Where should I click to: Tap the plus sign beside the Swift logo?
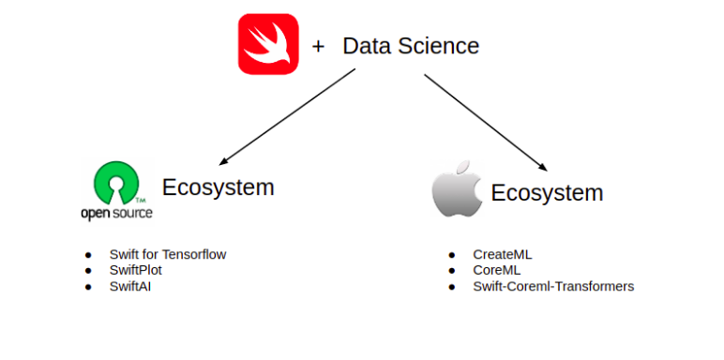click(x=318, y=46)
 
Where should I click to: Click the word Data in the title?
click(x=364, y=46)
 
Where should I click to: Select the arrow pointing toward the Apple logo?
click(x=487, y=116)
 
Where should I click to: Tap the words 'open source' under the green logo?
click(x=116, y=213)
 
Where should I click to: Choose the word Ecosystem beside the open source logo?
click(x=218, y=187)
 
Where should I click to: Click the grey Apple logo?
click(x=456, y=189)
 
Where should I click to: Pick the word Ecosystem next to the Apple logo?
click(x=547, y=193)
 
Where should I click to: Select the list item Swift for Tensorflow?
click(x=168, y=254)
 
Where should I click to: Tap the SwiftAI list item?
click(x=130, y=286)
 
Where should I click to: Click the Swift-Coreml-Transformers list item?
click(x=553, y=286)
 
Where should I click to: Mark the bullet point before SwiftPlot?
click(x=89, y=270)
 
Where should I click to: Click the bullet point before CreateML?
click(x=452, y=254)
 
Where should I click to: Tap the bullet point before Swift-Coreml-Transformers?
click(x=452, y=286)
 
